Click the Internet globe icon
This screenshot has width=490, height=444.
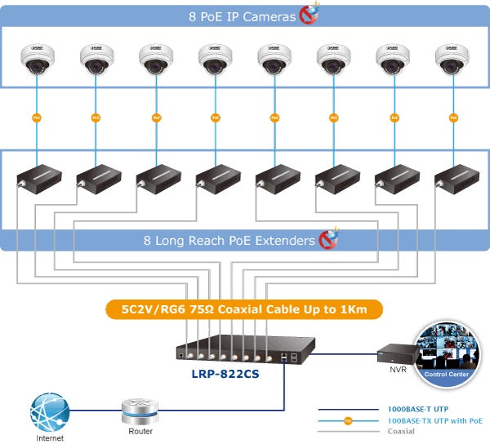tap(48, 411)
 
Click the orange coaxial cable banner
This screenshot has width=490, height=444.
tap(244, 309)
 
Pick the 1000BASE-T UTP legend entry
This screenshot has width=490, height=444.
tap(417, 408)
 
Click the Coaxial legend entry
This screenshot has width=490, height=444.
tap(401, 431)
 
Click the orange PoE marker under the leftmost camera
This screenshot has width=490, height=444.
tap(36, 118)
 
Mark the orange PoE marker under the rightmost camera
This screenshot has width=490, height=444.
tap(452, 118)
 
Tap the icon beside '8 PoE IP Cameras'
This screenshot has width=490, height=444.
tap(309, 13)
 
